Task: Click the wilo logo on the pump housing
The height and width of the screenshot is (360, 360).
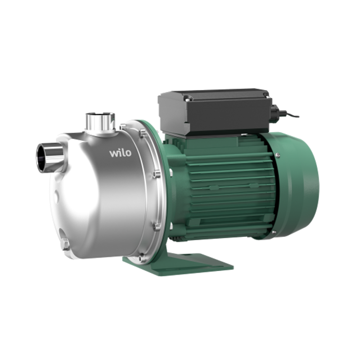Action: click(x=120, y=153)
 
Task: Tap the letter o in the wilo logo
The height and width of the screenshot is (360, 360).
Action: click(x=128, y=154)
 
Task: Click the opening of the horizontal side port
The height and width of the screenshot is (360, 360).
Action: click(x=41, y=158)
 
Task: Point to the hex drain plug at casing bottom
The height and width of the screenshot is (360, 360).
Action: click(x=65, y=244)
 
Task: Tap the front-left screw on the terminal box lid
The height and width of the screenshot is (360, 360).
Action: click(x=189, y=99)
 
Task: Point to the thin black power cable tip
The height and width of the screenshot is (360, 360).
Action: click(x=298, y=116)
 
